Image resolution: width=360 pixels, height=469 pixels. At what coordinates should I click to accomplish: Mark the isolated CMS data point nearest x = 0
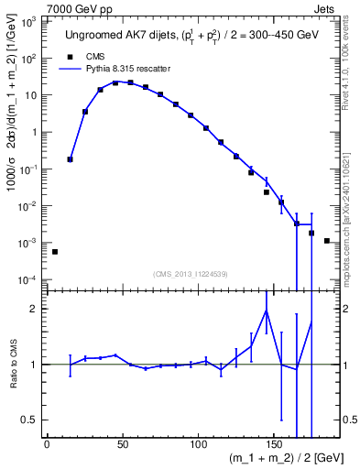pos(54,251)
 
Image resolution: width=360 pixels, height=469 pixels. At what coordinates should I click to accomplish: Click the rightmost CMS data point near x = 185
pos(326,240)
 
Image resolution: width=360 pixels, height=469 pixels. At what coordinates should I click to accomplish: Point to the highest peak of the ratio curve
pos(266,310)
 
